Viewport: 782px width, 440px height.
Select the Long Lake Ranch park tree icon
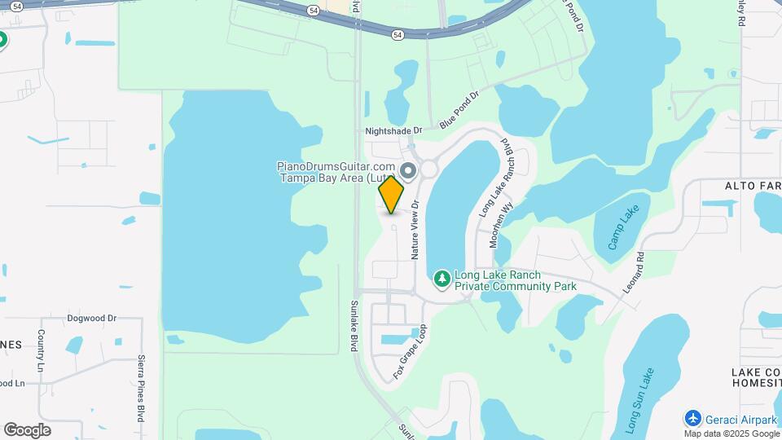[442, 279]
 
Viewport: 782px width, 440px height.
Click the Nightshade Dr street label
[394, 130]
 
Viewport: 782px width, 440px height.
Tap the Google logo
[27, 430]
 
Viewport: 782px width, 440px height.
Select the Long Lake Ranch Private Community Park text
[515, 281]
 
